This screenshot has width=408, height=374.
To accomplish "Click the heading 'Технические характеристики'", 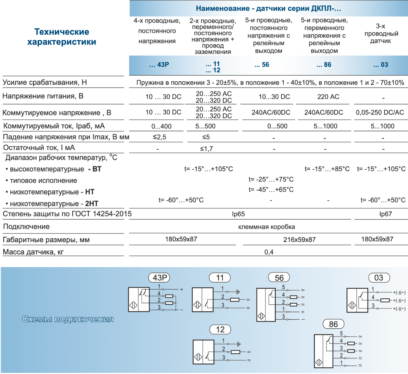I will [x=62, y=37].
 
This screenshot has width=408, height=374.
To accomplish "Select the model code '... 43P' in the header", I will [x=159, y=65].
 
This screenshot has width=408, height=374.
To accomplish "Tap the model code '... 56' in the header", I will [x=262, y=65].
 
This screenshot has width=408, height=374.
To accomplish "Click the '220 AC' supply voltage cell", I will [x=328, y=96].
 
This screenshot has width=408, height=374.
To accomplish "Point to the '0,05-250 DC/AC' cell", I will [x=380, y=112].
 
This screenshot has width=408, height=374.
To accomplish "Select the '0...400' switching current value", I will [x=161, y=126].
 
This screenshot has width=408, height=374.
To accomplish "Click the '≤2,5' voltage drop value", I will [x=159, y=137].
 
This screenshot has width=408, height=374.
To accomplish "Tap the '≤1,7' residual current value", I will [x=206, y=148].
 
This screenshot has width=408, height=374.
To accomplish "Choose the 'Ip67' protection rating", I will [x=385, y=214].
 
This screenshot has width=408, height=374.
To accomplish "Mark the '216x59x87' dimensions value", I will [x=299, y=240].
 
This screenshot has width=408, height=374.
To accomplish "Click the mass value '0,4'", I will [x=269, y=252].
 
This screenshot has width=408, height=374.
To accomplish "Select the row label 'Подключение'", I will [x=26, y=226].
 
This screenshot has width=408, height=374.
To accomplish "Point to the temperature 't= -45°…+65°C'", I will [x=271, y=189].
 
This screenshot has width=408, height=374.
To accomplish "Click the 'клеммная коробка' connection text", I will [x=266, y=227].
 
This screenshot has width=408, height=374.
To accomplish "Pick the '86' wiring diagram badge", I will [x=333, y=324].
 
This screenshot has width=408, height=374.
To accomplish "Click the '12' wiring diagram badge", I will [x=220, y=329].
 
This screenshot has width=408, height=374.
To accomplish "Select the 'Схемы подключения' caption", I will [x=68, y=319].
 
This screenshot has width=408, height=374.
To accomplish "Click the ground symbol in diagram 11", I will [x=238, y=292].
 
